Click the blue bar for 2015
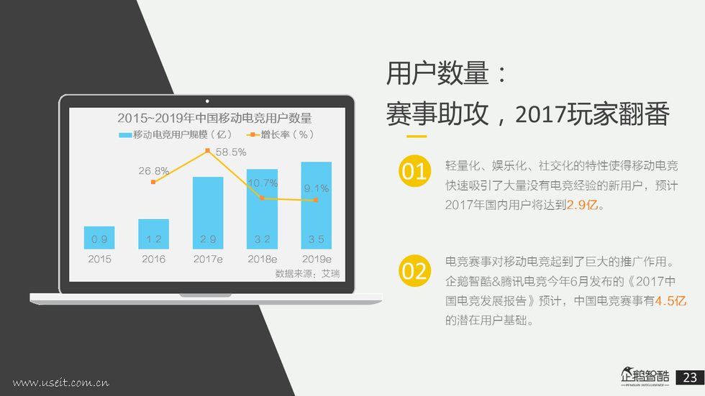pyautogui.click(x=99, y=237)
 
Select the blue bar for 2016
pyautogui.click(x=154, y=234)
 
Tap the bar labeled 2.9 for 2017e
pyautogui.click(x=208, y=213)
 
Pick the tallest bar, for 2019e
pyautogui.click(x=316, y=205)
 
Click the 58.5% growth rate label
pyautogui.click(x=231, y=152)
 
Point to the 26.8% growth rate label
pyautogui.click(x=153, y=170)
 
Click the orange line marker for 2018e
pyautogui.click(x=262, y=198)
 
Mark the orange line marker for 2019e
pyautogui.click(x=316, y=200)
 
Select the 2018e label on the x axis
pyautogui.click(x=262, y=259)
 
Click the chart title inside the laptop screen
pyautogui.click(x=214, y=118)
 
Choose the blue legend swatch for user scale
pyautogui.click(x=125, y=134)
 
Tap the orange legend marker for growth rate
pyautogui.click(x=253, y=134)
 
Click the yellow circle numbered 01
pyautogui.click(x=414, y=170)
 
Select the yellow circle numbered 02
pyautogui.click(x=414, y=271)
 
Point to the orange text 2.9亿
pyautogui.click(x=582, y=205)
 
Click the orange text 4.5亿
pyautogui.click(x=670, y=301)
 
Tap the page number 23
pyautogui.click(x=690, y=377)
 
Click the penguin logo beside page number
pyautogui.click(x=645, y=377)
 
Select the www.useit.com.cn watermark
pyautogui.click(x=60, y=382)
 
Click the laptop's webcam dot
pyautogui.click(x=207, y=101)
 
